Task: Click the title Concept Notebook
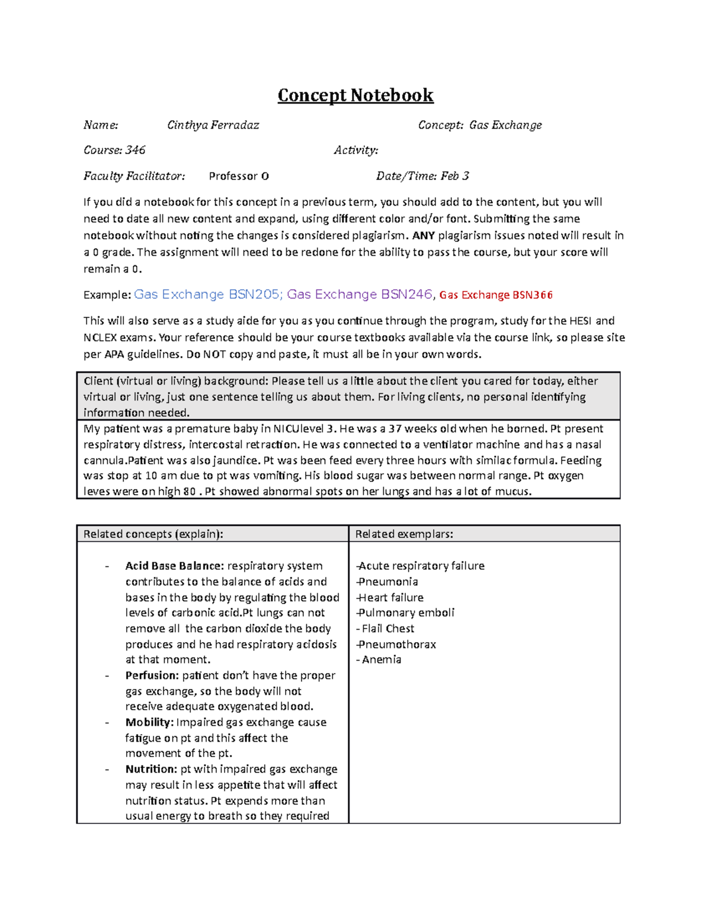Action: [x=355, y=95]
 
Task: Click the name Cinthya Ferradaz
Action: [x=213, y=125]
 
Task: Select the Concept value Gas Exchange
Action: [x=505, y=125]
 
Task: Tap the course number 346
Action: [x=135, y=150]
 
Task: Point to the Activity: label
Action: [x=355, y=150]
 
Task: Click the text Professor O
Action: [x=239, y=176]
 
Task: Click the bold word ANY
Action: [x=423, y=236]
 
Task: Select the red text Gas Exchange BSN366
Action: [x=496, y=295]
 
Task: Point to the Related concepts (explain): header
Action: [x=153, y=534]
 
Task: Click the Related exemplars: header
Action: [x=404, y=534]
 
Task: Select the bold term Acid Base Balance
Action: [x=174, y=566]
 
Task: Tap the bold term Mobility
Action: [x=149, y=723]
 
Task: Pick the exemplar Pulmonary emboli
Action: [x=406, y=613]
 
